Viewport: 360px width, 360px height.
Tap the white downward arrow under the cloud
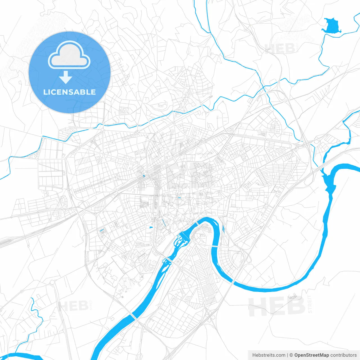(66, 77)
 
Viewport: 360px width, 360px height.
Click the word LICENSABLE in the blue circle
(69, 92)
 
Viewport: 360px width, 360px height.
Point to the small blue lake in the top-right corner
(332, 26)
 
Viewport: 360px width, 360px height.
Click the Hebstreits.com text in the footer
(269, 355)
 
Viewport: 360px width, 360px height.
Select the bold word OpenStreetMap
(311, 355)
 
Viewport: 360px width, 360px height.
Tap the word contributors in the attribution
(343, 355)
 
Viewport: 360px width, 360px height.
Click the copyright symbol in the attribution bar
(291, 355)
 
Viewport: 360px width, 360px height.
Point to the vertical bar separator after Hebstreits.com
(287, 355)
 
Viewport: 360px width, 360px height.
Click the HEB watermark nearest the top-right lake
(280, 49)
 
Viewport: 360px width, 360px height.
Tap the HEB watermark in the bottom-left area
(74, 306)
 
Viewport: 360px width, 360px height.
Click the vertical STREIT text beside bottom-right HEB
(310, 304)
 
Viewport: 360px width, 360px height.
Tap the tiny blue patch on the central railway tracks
(144, 176)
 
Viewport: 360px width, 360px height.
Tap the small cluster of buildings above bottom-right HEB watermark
(292, 296)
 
